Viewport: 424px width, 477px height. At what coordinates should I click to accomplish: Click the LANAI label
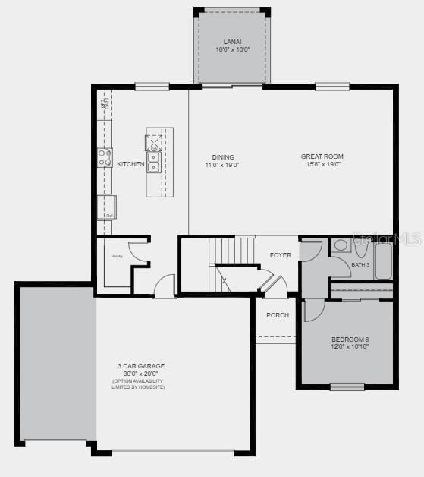[x=232, y=41]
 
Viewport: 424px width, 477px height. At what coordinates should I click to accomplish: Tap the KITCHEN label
[x=130, y=164]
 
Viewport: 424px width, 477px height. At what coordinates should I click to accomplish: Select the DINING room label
[x=222, y=157]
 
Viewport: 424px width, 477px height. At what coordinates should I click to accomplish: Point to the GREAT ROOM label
[x=323, y=156]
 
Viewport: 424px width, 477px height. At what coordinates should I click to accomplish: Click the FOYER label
[x=281, y=255]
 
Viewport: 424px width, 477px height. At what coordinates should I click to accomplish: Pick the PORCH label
[x=277, y=315]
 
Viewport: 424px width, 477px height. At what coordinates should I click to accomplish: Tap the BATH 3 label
[x=360, y=264]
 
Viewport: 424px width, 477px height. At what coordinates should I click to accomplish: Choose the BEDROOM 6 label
[x=350, y=339]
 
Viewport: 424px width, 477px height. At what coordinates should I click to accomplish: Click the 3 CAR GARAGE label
[x=141, y=366]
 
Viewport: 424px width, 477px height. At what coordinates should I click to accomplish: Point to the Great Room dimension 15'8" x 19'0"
[x=323, y=164]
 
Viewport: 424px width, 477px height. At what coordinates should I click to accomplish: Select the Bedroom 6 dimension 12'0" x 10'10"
[x=350, y=346]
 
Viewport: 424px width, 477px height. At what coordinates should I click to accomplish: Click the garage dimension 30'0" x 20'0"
[x=141, y=373]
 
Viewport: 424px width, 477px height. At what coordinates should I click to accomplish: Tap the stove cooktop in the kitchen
[x=104, y=157]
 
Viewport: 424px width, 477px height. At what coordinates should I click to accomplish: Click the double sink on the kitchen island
[x=153, y=162]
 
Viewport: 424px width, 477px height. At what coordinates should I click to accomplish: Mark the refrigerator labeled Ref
[x=105, y=207]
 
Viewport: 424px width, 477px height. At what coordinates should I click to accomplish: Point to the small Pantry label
[x=117, y=257]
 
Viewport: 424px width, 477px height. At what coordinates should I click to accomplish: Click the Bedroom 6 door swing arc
[x=315, y=310]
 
